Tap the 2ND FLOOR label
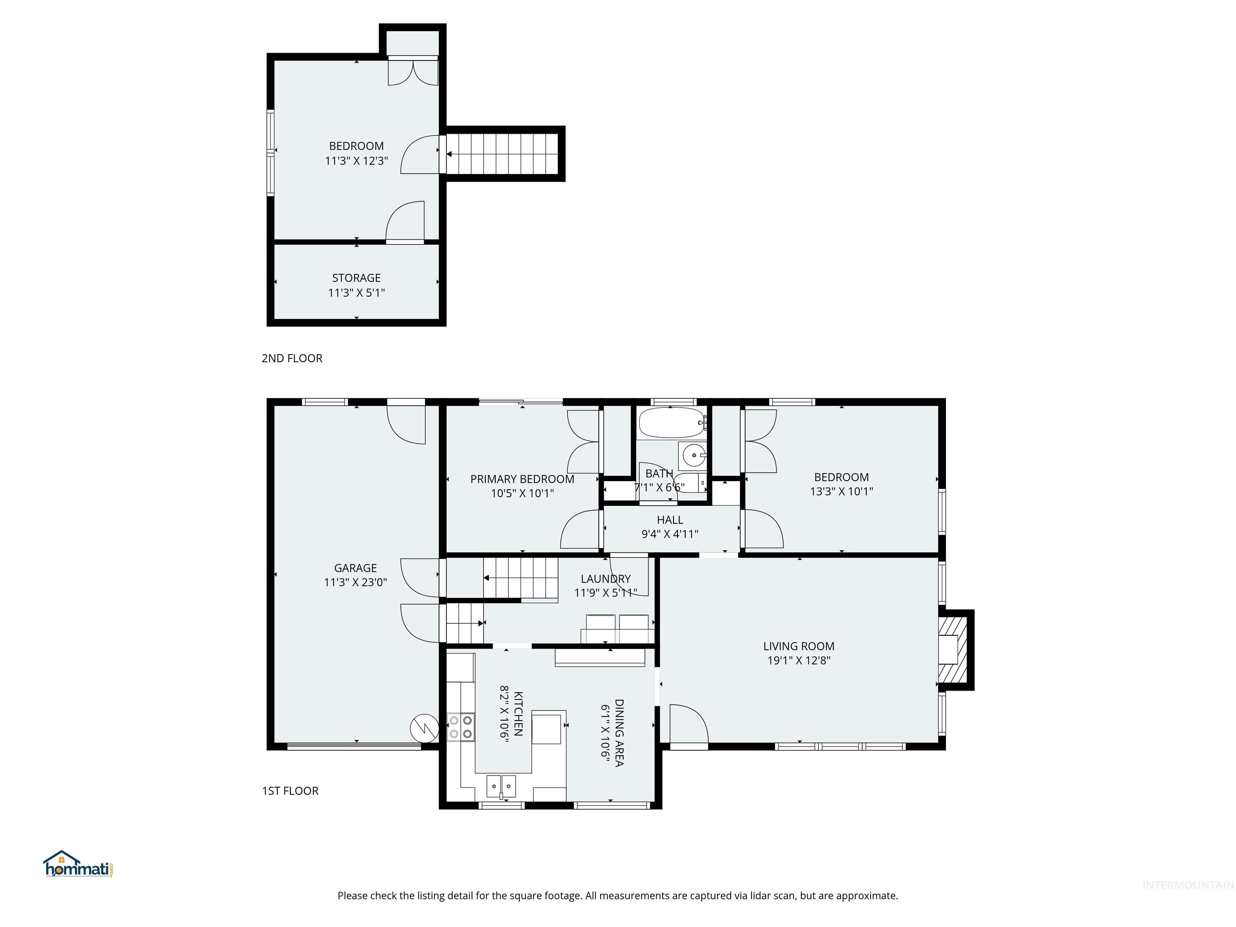[x=292, y=358]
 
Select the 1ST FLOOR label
[x=290, y=791]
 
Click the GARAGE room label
[x=355, y=568]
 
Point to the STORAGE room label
[x=356, y=278]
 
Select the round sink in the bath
[x=693, y=455]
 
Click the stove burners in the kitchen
[x=461, y=727]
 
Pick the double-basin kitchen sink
[x=501, y=786]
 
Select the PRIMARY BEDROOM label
[x=522, y=479]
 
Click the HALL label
[x=669, y=520]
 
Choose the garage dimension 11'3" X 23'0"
[x=355, y=582]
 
